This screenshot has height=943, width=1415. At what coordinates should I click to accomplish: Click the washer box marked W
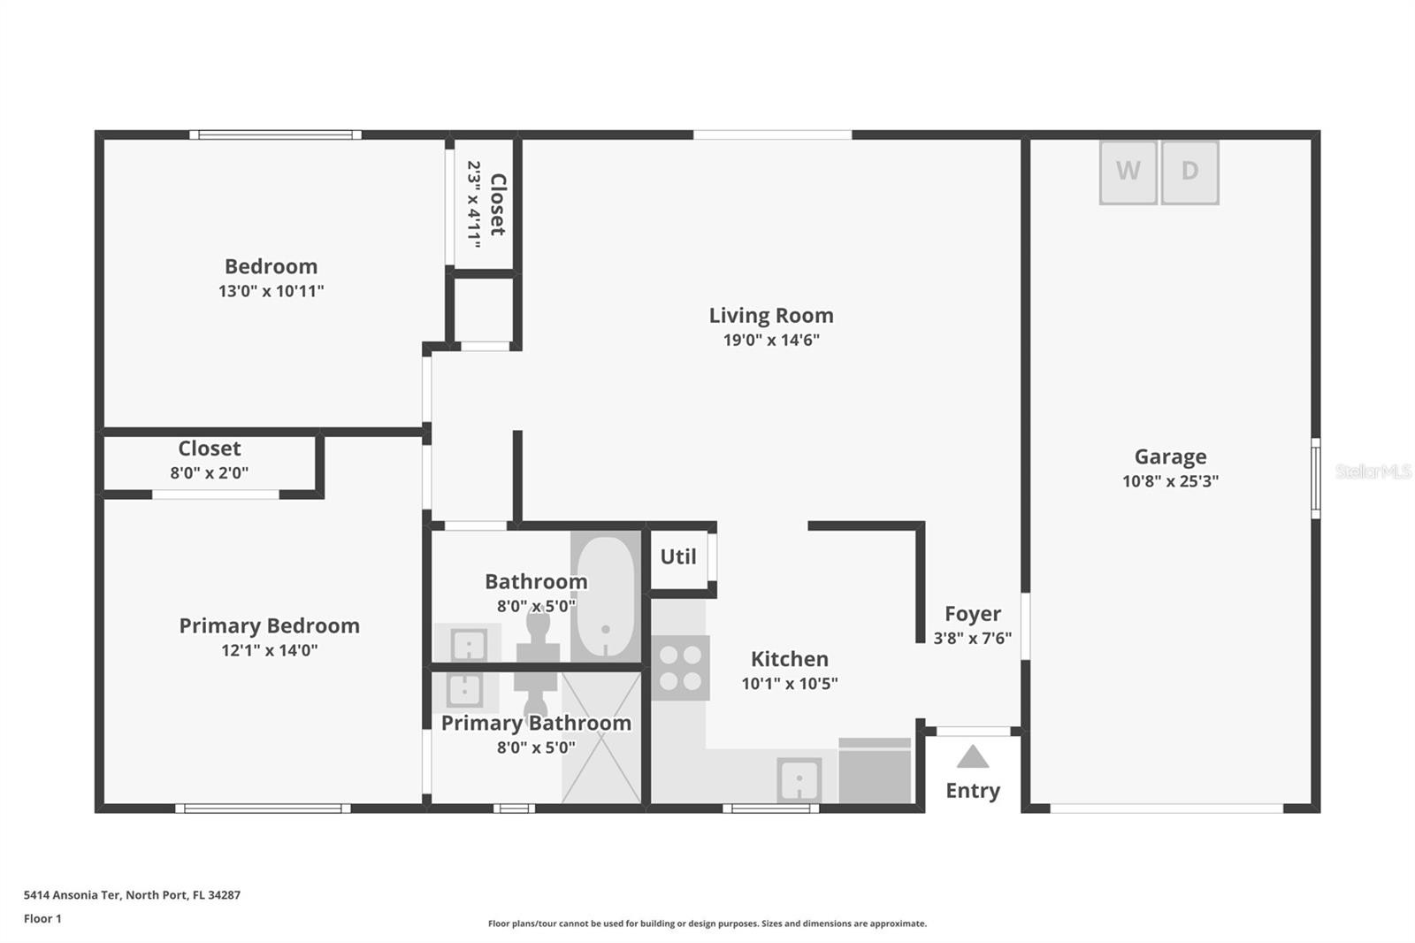(1128, 172)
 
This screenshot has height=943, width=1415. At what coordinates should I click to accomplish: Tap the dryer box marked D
(1190, 172)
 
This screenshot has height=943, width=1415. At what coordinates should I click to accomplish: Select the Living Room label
(770, 315)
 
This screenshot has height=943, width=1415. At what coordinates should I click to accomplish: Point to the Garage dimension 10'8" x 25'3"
(1171, 481)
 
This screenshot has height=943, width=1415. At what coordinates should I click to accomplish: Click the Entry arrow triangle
(973, 756)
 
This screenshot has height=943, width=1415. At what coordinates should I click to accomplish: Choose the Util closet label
(678, 556)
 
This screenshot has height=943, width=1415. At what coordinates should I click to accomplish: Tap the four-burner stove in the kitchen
(680, 667)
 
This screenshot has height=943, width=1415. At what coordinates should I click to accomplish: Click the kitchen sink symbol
(799, 780)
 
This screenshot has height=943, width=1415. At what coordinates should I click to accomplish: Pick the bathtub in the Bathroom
(606, 596)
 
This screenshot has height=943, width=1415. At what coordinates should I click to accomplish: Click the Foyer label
(973, 613)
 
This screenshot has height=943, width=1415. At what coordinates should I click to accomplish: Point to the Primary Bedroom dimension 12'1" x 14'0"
(270, 650)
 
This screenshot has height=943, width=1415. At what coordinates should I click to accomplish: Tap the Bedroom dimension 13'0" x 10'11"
(271, 291)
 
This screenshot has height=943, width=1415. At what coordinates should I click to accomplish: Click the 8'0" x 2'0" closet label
(209, 472)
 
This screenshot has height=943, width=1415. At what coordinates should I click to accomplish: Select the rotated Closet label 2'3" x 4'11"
(487, 204)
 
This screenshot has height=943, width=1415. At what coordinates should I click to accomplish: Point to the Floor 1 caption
(42, 918)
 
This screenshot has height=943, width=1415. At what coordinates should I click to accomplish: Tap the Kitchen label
(790, 658)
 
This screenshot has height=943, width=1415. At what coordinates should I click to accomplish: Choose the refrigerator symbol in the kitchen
(875, 770)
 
